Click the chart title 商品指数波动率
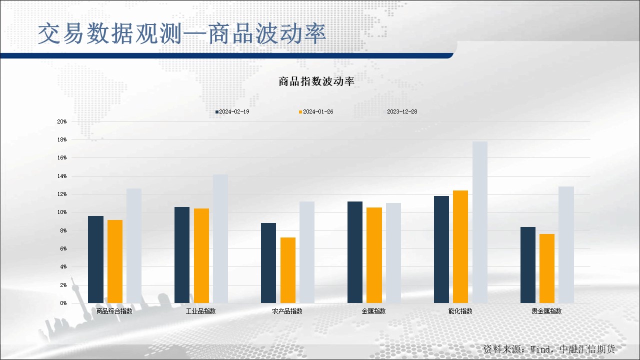316,81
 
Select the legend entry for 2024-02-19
232,111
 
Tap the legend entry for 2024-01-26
316,111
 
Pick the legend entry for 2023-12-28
401,111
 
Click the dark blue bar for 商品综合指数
95,259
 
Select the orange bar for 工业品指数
201,255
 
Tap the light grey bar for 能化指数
480,222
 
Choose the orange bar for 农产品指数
288,270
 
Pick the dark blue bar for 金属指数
355,252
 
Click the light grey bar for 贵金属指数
566,244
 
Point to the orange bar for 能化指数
460,246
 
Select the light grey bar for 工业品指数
220,238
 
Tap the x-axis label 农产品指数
287,311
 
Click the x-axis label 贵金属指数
546,311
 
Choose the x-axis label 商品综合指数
114,311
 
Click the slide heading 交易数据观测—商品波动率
182,33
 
